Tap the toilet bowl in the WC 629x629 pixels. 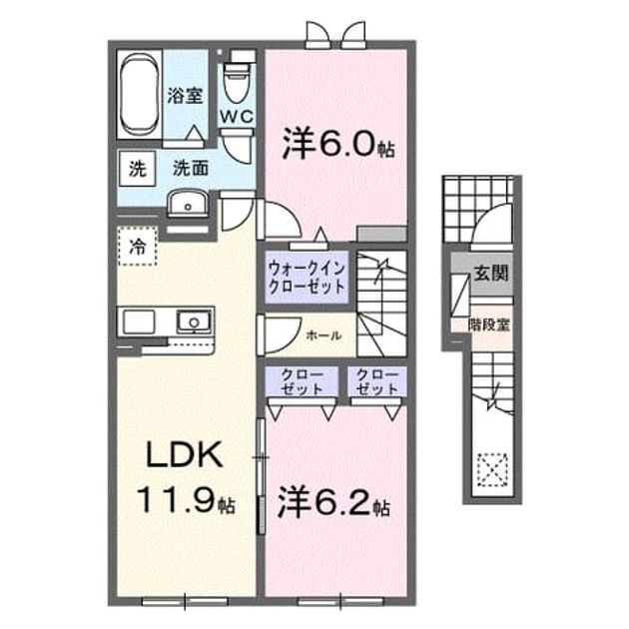pyautogui.click(x=236, y=82)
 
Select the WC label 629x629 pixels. pyautogui.click(x=237, y=117)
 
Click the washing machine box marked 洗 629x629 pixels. pyautogui.click(x=137, y=169)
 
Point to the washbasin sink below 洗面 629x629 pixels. pyautogui.click(x=188, y=204)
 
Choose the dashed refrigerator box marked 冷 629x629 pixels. pyautogui.click(x=137, y=246)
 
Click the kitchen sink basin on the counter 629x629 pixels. pyautogui.click(x=194, y=321)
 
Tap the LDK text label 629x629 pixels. pyautogui.click(x=184, y=455)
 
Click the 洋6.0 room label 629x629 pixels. pyautogui.click(x=338, y=144)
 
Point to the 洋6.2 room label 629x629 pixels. pyautogui.click(x=333, y=501)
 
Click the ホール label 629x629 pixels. pyautogui.click(x=323, y=334)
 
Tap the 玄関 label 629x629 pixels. pyautogui.click(x=491, y=274)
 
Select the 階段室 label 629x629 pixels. pyautogui.click(x=489, y=324)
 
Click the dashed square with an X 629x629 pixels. pyautogui.click(x=492, y=469)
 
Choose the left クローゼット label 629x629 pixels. pyautogui.click(x=302, y=381)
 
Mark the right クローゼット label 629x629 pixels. pyautogui.click(x=377, y=381)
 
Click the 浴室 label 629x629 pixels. pyautogui.click(x=185, y=96)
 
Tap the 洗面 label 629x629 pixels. pyautogui.click(x=191, y=168)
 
